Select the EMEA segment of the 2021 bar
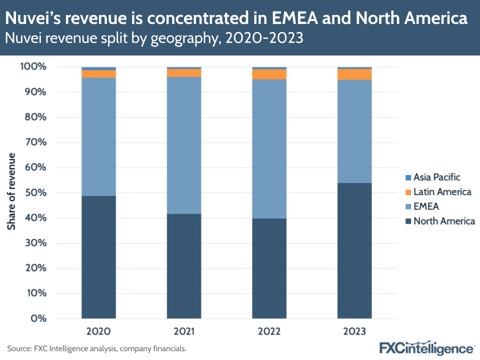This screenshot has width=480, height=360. tap(184, 145)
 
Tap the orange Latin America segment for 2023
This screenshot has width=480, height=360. tap(354, 74)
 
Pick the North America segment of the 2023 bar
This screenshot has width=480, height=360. tap(354, 250)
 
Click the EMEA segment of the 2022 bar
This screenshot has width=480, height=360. tap(269, 148)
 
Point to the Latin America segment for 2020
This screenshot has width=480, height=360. tap(98, 73)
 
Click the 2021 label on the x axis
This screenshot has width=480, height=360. tap(184, 331)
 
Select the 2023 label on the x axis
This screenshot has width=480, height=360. tap(354, 331)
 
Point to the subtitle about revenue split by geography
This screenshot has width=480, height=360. tap(154, 38)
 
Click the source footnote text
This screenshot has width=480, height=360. tap(96, 348)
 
